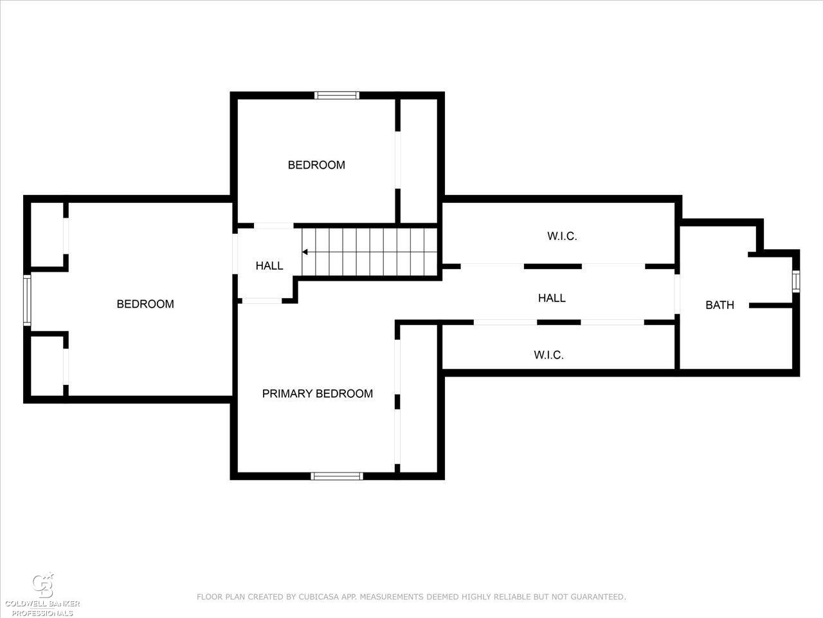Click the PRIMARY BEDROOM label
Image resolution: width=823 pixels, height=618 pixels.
click(317, 393)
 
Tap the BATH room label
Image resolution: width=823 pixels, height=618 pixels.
click(719, 305)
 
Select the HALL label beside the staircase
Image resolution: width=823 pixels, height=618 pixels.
click(269, 266)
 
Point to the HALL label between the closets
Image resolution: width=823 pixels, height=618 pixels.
click(552, 298)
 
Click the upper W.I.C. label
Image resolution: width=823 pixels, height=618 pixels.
click(562, 236)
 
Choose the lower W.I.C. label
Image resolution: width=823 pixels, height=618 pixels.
click(548, 355)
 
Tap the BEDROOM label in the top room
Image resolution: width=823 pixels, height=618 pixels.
click(316, 165)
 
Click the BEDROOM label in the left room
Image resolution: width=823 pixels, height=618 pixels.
click(145, 304)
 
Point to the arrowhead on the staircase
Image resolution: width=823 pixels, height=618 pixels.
click(305, 252)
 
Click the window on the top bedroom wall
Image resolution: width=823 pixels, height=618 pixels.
click(337, 95)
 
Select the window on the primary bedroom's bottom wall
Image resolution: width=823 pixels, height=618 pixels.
click(337, 476)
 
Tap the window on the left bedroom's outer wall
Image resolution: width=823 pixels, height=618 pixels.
click(27, 300)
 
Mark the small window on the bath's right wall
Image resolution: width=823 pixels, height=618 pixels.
click(795, 281)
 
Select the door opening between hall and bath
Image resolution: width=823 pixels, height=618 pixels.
click(677, 294)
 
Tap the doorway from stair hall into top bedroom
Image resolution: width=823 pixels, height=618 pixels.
click(274, 225)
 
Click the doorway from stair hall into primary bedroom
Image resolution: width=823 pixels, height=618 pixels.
click(262, 301)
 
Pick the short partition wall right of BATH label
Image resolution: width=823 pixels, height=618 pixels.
click(770, 306)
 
